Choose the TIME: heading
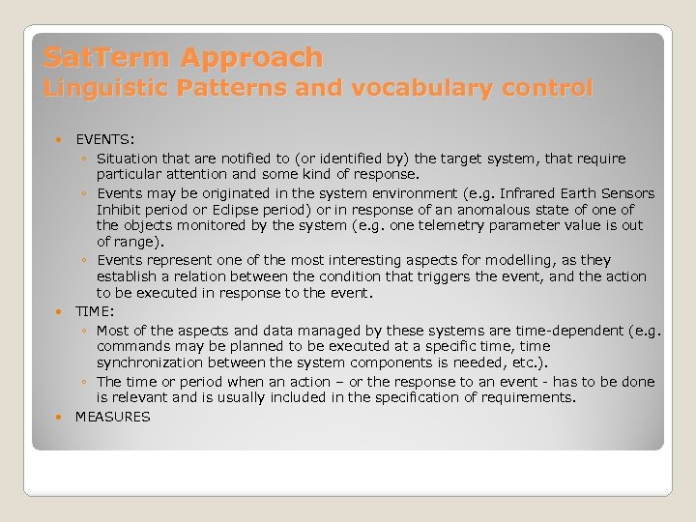click(x=95, y=312)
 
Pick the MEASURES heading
click(x=113, y=417)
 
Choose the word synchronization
click(x=147, y=362)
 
